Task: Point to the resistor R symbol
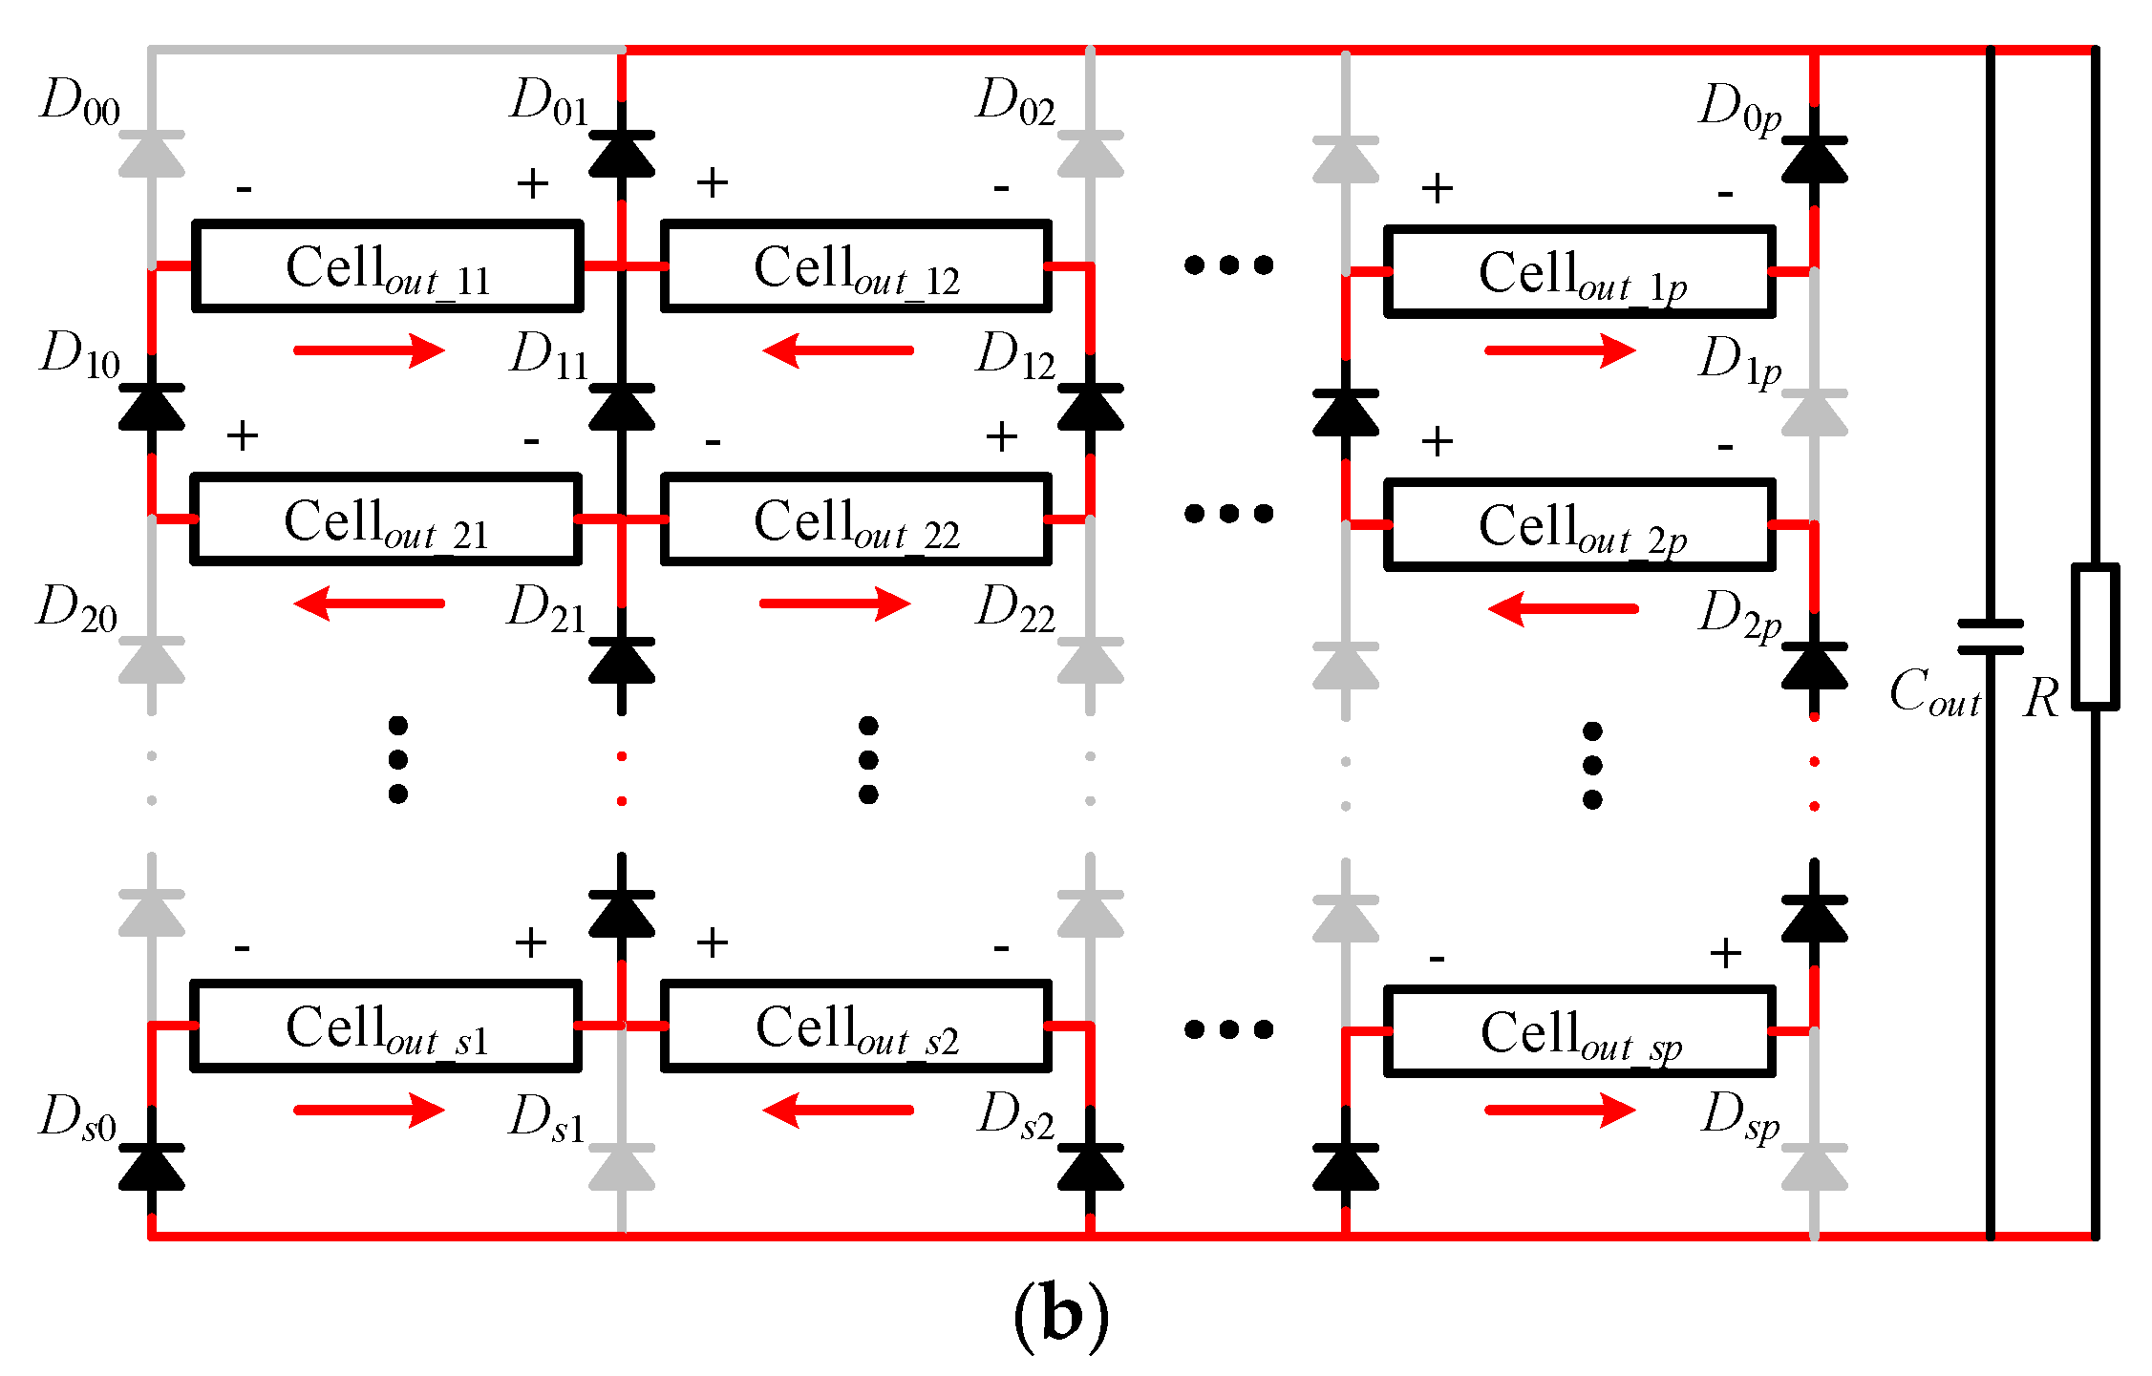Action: (x=2096, y=636)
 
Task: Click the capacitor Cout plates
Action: (x=1991, y=637)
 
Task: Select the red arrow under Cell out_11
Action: (x=370, y=350)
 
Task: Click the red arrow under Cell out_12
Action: (x=838, y=350)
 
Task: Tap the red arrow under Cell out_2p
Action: (x=1564, y=608)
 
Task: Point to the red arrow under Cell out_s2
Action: (x=838, y=1110)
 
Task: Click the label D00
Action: (x=80, y=101)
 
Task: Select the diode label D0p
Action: (x=1740, y=108)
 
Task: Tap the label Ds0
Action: (x=78, y=1117)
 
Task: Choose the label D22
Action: (x=1015, y=608)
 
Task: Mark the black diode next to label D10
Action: (x=152, y=408)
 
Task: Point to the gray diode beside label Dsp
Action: (x=1815, y=1167)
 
